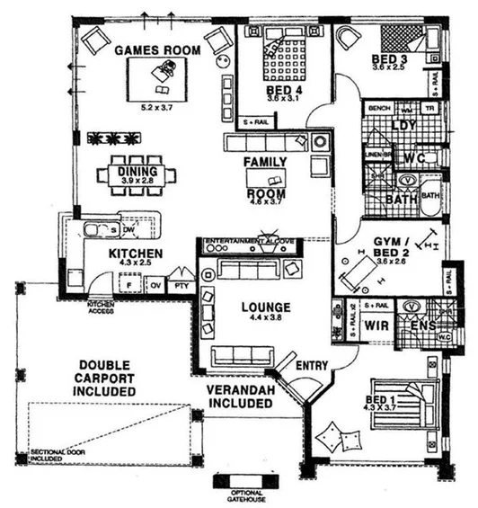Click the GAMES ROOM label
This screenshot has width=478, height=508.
(156, 50)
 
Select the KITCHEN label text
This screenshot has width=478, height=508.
(136, 254)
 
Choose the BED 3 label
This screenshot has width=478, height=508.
(389, 60)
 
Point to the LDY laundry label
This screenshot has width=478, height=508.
(405, 125)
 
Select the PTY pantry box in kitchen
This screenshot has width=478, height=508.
(181, 286)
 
